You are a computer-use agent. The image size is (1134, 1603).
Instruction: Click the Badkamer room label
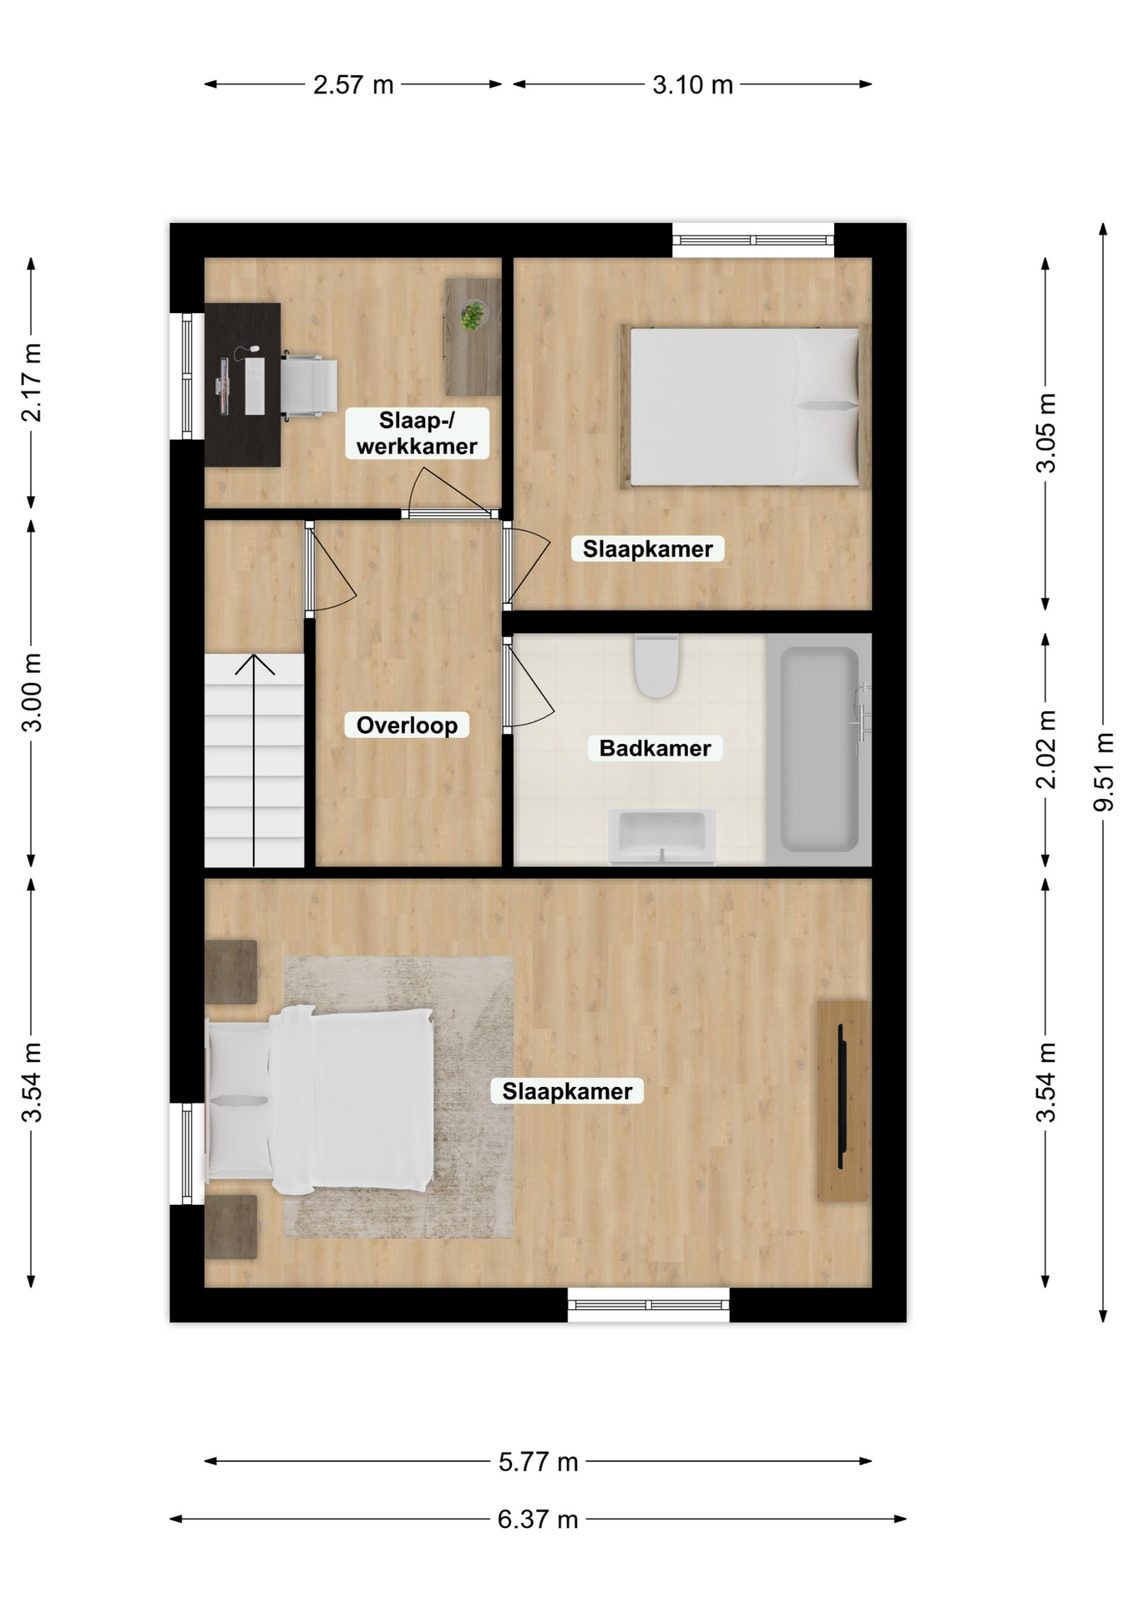click(655, 748)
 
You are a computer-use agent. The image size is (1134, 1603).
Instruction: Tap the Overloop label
click(407, 725)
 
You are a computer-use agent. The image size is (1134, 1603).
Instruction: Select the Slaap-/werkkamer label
click(417, 432)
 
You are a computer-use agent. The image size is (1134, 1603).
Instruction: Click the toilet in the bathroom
click(657, 665)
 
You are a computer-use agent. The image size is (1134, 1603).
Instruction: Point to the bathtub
click(819, 749)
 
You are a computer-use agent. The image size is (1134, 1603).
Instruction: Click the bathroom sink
click(662, 836)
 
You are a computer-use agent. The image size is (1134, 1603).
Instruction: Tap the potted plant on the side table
click(473, 315)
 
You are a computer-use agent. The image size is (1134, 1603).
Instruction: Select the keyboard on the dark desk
click(255, 386)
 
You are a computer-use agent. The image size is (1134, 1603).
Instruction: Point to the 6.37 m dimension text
click(538, 1519)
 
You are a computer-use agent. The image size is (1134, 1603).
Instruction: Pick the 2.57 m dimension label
click(353, 84)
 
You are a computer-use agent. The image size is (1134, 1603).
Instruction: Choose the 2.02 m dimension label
click(1045, 749)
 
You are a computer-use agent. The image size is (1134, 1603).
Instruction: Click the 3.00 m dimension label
click(32, 693)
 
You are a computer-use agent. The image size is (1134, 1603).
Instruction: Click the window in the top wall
click(753, 240)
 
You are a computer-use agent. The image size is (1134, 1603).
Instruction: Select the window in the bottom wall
click(649, 1305)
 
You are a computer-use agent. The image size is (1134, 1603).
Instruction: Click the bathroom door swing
click(529, 685)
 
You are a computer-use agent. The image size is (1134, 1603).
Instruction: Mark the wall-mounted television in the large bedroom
click(842, 1096)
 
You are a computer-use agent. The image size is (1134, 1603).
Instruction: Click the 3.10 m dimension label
click(692, 84)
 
